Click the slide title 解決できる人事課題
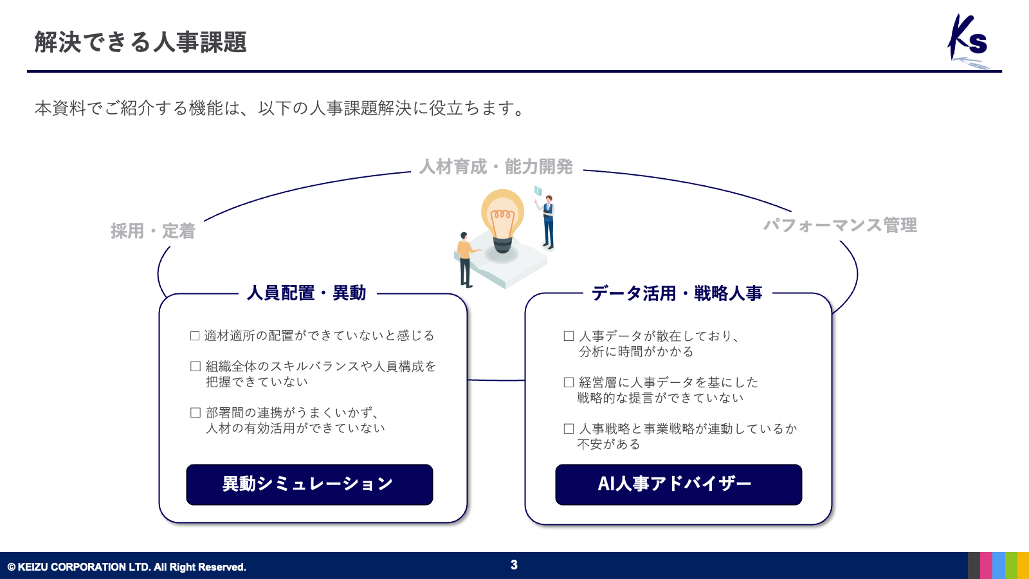(141, 42)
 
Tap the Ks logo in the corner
(969, 41)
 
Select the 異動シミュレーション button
(309, 484)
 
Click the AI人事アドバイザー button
(678, 484)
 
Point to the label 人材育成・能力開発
(496, 167)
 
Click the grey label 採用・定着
(153, 231)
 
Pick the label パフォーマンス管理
(840, 225)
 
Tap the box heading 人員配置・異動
(306, 293)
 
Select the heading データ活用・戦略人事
(677, 293)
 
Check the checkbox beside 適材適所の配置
(195, 336)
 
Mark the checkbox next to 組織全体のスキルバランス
(196, 366)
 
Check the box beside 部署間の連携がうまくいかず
(196, 412)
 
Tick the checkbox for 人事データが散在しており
(569, 336)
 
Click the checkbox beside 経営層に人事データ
(569, 382)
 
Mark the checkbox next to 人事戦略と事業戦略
(569, 428)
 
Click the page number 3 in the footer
(514, 565)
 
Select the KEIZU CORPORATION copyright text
(127, 567)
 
